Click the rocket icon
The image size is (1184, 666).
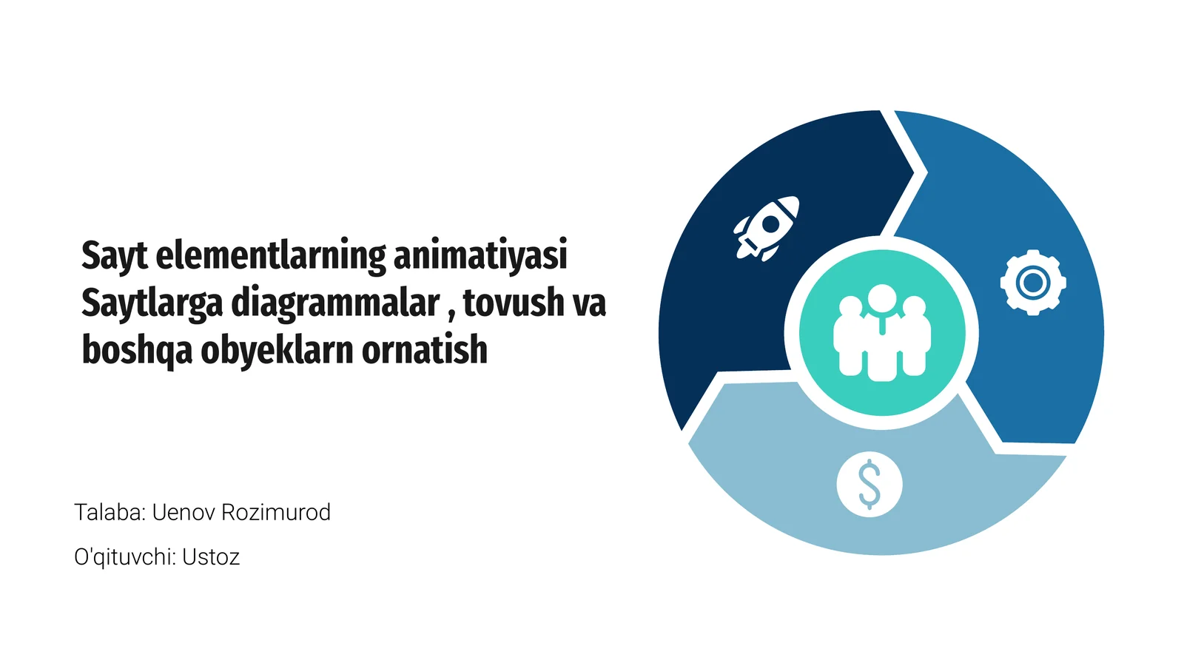(767, 228)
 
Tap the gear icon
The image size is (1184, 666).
(1032, 283)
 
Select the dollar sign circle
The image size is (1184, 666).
(869, 485)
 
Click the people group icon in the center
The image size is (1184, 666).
(881, 334)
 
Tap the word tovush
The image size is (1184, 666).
(514, 303)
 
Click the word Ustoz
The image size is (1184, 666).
(211, 556)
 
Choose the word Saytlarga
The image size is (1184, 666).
(152, 303)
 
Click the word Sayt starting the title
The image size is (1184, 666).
(115, 255)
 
